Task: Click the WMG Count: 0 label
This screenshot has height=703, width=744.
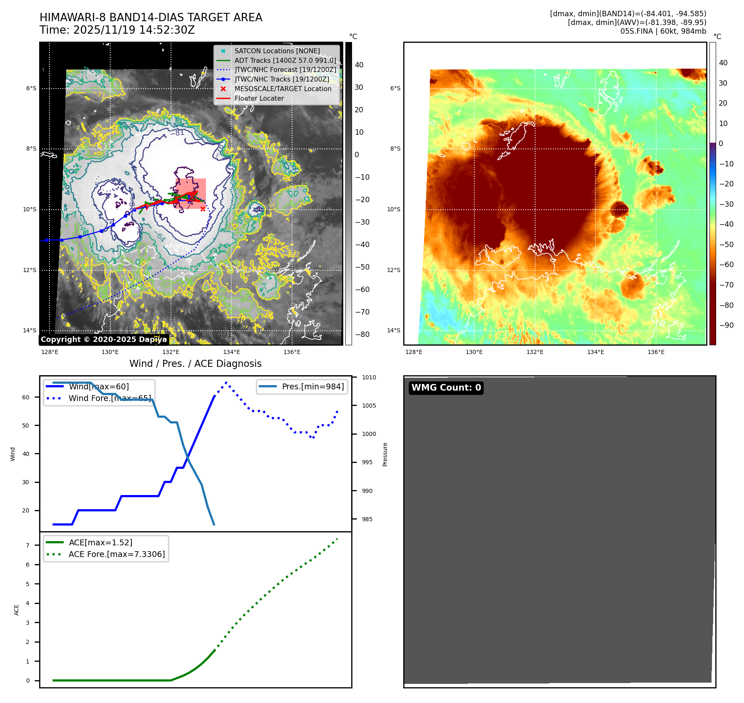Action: (x=446, y=388)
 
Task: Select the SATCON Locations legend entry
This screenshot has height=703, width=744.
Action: (x=277, y=51)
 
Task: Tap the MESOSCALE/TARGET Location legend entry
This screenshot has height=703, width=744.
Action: (x=283, y=89)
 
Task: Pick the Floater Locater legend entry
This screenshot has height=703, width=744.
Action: (x=259, y=98)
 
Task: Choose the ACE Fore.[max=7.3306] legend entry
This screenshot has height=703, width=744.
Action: (x=117, y=554)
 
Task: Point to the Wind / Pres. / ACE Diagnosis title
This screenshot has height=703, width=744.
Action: (x=196, y=364)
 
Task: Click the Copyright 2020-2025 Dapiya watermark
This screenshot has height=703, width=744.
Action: (x=104, y=339)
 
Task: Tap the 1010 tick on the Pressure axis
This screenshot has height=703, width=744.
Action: (x=369, y=377)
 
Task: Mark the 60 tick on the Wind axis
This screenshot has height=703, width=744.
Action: (x=26, y=397)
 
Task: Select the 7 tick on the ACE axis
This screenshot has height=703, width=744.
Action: (x=27, y=545)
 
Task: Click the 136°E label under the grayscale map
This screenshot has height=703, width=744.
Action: (x=292, y=352)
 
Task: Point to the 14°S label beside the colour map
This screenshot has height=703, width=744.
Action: (x=394, y=330)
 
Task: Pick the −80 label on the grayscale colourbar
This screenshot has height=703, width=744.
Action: (x=362, y=334)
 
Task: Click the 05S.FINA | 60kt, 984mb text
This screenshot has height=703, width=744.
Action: (x=663, y=31)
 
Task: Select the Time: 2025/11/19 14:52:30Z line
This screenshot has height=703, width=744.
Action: (x=117, y=30)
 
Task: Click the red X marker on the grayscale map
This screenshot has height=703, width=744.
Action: (x=203, y=209)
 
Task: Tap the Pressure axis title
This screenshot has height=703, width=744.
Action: (x=385, y=454)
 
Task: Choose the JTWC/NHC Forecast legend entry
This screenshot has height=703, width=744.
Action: (x=285, y=69)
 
